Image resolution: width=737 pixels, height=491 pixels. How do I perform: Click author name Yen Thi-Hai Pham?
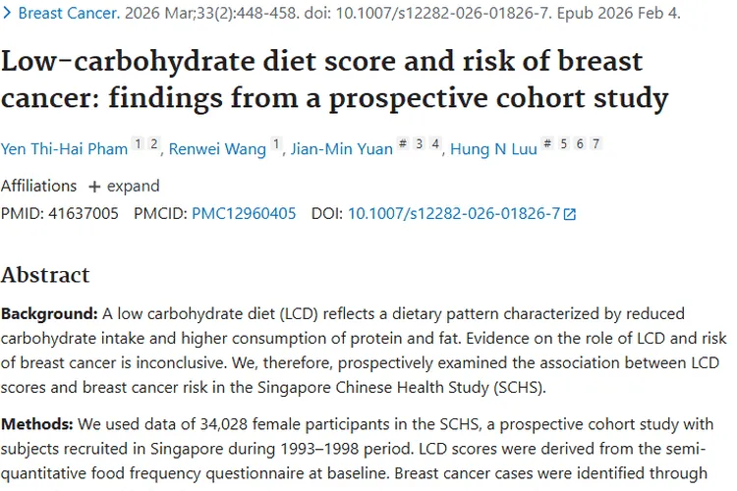coord(65,149)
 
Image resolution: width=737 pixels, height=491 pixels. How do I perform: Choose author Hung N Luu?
coord(492,149)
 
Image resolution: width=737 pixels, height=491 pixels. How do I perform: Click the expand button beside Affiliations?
coord(124,186)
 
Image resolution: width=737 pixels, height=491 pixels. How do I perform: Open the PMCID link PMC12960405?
coord(244,213)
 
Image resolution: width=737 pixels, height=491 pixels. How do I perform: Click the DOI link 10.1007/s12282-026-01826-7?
coord(454,213)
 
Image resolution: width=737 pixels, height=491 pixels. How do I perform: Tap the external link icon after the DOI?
coord(570,214)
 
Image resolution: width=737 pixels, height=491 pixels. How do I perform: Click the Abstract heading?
coord(45,274)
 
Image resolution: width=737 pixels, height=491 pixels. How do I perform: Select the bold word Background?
coord(49,314)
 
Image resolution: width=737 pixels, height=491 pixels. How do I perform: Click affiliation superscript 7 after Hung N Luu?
coord(595,144)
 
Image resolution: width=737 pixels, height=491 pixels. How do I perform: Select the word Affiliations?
coord(38,186)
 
